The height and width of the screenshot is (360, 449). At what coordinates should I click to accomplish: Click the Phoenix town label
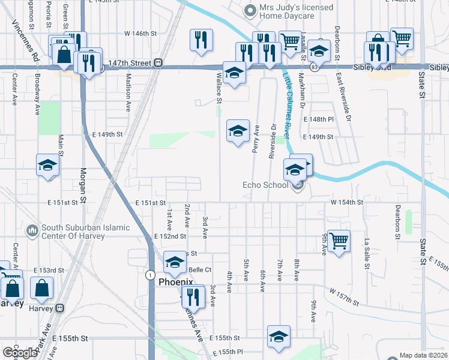175,281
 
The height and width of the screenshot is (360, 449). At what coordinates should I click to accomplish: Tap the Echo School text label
265,185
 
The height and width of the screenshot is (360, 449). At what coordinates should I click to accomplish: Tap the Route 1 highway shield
148,274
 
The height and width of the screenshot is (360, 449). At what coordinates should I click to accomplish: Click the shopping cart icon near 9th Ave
339,240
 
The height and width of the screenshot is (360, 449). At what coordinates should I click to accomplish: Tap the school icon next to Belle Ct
175,262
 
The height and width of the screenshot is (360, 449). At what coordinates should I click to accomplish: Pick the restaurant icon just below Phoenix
193,296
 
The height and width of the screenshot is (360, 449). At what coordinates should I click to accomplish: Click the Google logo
20,353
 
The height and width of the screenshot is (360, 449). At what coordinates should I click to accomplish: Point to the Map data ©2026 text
423,355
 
